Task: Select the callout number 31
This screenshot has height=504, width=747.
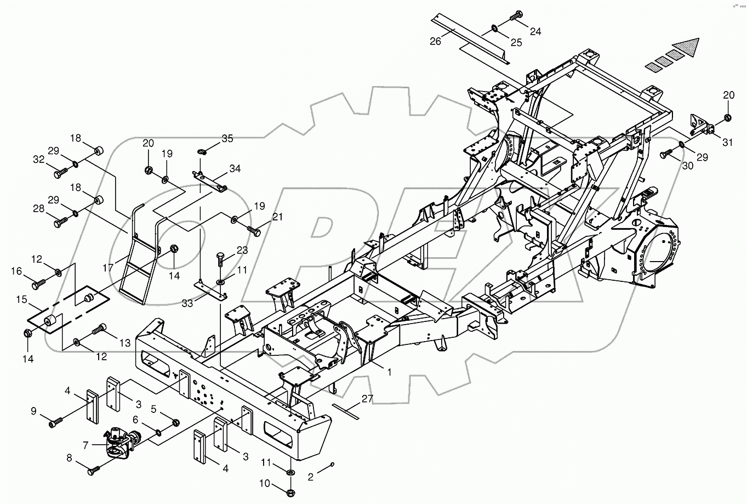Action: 727,143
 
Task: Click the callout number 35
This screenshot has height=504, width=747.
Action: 227,138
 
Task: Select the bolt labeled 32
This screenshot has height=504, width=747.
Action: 60,173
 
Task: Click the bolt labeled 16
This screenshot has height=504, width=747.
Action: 40,285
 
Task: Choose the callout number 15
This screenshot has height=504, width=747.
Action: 21,299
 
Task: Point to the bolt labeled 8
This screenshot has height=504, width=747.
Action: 94,469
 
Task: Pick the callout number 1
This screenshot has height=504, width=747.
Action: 389,372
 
